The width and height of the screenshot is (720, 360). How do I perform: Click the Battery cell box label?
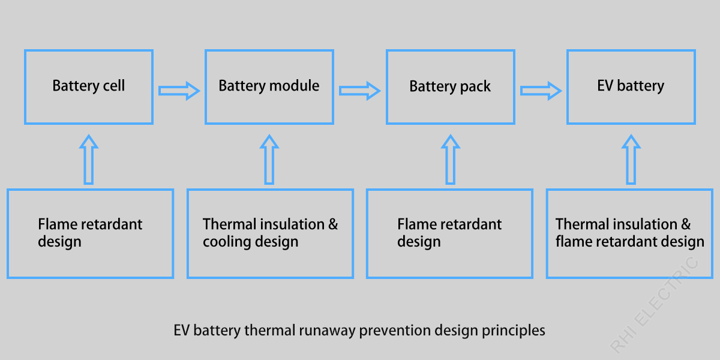89,86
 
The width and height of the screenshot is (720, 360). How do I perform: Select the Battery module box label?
269,86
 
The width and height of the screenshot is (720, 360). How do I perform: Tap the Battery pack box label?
450,87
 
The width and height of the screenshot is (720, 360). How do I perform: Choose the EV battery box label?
631,86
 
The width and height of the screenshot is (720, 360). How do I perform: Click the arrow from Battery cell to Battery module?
179,91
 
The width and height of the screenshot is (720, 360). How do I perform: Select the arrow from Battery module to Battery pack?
359,91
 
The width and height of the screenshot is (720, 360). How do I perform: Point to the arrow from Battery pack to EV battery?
541,91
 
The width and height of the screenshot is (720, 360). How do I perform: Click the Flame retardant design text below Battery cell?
90,233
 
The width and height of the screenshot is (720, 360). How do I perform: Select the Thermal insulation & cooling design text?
270,233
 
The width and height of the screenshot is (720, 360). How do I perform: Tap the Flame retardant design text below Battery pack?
449,233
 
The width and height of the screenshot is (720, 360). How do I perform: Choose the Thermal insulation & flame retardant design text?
629,233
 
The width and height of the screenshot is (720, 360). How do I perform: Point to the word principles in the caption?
514,331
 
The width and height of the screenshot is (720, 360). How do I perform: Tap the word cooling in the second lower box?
226,242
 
